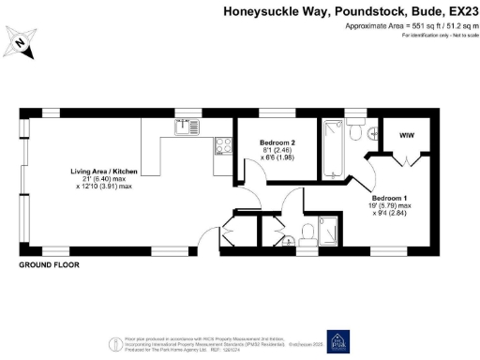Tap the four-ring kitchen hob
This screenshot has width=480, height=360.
[x=224, y=145]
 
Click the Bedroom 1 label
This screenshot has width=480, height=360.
[x=389, y=199]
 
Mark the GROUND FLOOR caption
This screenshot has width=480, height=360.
[x=49, y=266]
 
